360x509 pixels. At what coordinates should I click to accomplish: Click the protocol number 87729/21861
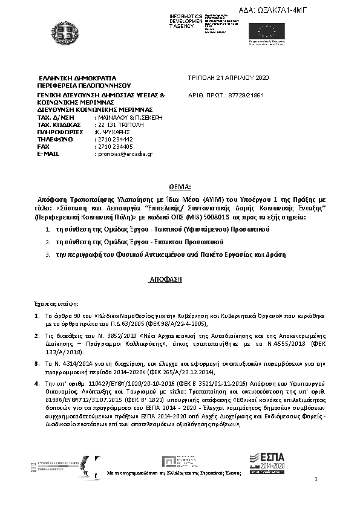click(x=244, y=96)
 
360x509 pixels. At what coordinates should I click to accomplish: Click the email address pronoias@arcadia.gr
click(x=124, y=154)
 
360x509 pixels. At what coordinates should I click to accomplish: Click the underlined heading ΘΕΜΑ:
click(x=180, y=188)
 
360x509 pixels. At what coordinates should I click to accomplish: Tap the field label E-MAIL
click(x=50, y=154)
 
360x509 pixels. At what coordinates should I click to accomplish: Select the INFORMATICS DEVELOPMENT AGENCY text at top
click(x=185, y=21)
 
